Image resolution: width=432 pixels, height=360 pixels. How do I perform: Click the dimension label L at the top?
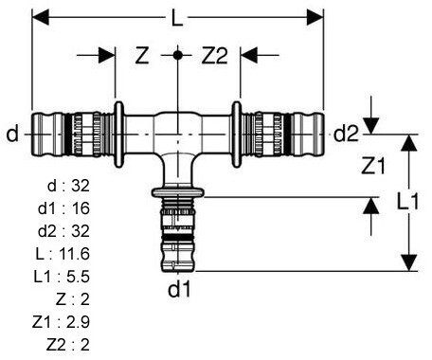coord(177,18)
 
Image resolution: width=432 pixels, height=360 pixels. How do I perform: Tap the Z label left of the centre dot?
coord(142,55)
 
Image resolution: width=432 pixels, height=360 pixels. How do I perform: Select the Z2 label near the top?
coord(215,56)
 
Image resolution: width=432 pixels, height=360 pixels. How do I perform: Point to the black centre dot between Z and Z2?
coord(178,55)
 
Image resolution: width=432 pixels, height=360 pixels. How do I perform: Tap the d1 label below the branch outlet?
coord(179,289)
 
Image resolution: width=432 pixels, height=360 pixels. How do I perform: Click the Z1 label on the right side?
coord(373,166)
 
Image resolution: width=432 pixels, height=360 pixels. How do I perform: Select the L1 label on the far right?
coord(407,201)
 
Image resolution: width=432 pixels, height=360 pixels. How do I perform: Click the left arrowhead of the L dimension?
coord(41,17)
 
